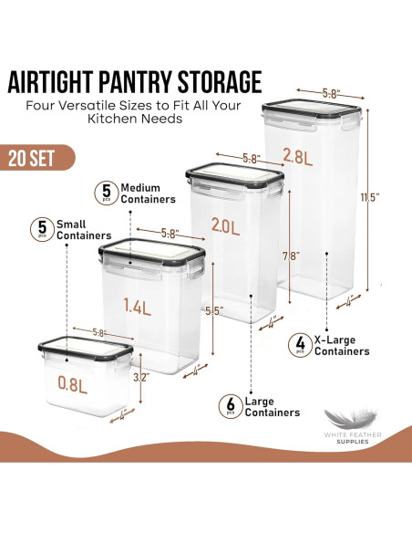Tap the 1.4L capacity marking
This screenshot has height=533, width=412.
pos(139,308)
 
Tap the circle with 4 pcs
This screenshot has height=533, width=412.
pos(298,344)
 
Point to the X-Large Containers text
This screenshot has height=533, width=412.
pos(341,344)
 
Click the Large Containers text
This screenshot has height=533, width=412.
pos(273,405)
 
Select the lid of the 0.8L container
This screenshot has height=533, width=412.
pos(86,348)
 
